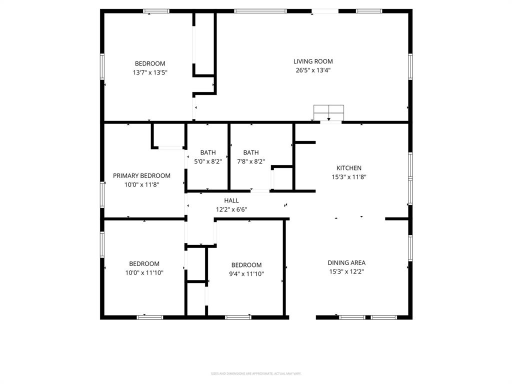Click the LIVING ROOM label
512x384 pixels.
[313, 61]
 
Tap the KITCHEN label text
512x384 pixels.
[349, 168]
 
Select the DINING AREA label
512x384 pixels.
[346, 262]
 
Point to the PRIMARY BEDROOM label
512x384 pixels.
[141, 175]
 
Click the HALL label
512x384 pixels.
[231, 200]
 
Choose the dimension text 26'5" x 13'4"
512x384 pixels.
[313, 70]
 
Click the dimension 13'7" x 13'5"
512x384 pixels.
[150, 72]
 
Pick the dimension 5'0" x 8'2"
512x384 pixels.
[208, 161]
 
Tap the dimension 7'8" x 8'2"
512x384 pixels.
[251, 161]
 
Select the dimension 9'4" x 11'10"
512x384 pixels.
[246, 274]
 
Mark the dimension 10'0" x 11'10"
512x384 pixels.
[144, 273]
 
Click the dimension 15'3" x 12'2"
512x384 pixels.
[346, 271]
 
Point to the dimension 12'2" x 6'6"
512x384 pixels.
[231, 209]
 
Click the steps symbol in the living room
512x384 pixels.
[328, 113]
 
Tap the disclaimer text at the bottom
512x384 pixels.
[256, 373]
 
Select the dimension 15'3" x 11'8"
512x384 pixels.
[349, 177]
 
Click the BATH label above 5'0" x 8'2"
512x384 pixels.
[208, 152]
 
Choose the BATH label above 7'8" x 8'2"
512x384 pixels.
[251, 152]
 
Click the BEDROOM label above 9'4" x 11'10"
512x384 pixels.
[246, 265]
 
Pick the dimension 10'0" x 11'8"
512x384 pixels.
[141, 184]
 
